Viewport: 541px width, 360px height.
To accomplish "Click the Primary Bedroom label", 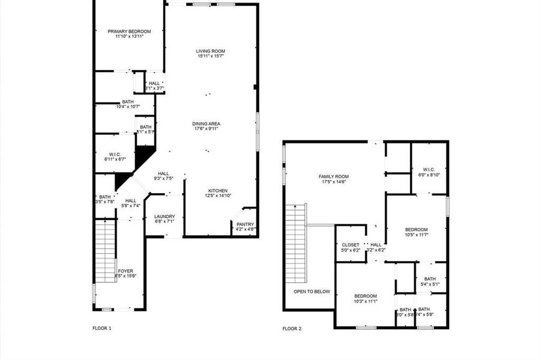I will coord(129,31).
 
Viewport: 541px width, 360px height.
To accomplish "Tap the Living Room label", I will coord(210,52).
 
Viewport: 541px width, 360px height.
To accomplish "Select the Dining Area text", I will coord(206,124).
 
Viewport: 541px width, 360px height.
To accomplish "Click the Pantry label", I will coord(245,224).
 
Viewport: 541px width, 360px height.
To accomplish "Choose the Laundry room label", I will coord(164,217).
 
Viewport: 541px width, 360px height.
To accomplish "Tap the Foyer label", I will coord(125,271).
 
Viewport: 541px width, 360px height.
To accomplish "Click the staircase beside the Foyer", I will coord(105,250).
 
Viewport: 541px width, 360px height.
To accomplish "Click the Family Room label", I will coord(333,176).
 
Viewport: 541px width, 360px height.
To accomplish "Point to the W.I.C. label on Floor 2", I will coord(429,170).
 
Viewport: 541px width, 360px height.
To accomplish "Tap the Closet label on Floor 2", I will coord(350,245).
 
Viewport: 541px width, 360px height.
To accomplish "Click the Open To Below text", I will coord(312,292).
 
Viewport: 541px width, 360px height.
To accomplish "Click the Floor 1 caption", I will coord(102,328).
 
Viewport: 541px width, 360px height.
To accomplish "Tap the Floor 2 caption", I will coord(292,329).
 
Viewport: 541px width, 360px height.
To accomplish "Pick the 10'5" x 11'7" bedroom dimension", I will coord(416,235).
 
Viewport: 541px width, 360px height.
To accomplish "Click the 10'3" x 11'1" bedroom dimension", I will coord(365,301).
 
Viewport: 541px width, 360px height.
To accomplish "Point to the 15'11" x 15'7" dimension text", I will coord(210,57).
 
